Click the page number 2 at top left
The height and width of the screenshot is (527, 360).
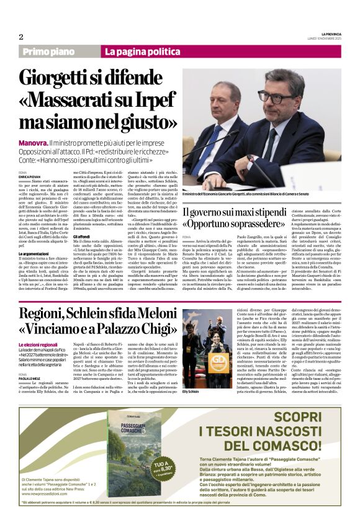(20, 37)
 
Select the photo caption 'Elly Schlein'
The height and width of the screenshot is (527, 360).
(191, 392)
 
